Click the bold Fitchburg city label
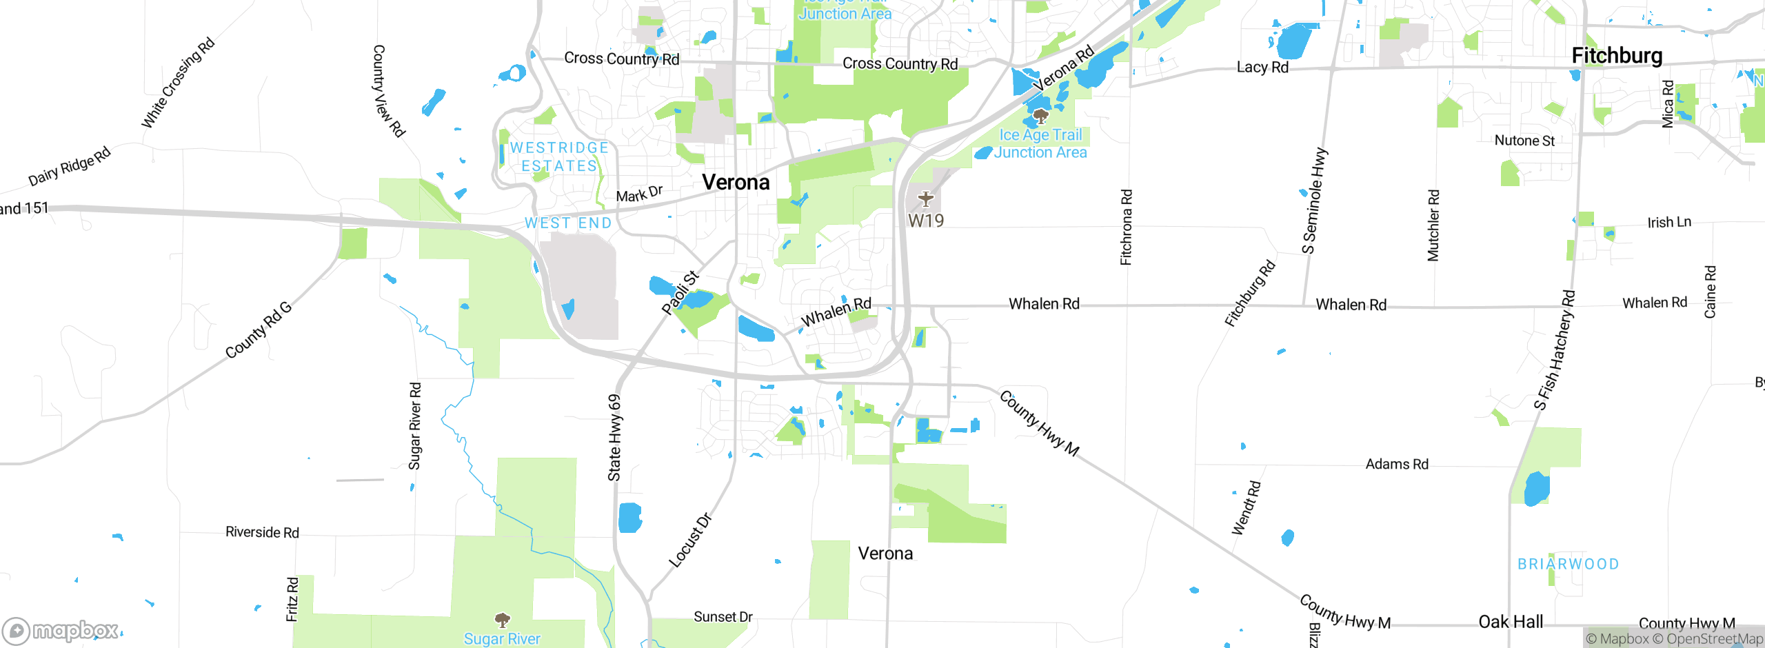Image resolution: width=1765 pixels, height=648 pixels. tap(1617, 56)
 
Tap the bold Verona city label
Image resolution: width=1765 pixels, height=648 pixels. tap(736, 183)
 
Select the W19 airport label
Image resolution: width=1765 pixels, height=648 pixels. tap(925, 221)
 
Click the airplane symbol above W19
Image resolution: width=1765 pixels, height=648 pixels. tap(925, 199)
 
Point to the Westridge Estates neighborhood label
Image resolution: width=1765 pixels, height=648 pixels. tap(559, 157)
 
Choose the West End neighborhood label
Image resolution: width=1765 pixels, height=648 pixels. tap(568, 223)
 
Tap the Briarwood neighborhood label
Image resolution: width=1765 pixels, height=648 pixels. tap(1569, 565)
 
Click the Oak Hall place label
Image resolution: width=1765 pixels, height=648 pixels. tap(1511, 622)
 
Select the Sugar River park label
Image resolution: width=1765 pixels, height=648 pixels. tap(502, 639)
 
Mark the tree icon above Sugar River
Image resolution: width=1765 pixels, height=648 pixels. tap(503, 619)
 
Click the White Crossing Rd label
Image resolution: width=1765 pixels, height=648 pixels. tap(178, 83)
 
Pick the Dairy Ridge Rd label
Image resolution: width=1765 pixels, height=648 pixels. tap(69, 166)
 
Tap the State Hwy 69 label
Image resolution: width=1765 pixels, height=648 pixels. tap(614, 438)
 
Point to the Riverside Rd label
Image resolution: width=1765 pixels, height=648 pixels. tap(262, 533)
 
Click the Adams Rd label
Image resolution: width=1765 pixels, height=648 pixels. tap(1397, 465)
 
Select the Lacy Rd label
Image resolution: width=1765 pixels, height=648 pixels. tap(1262, 68)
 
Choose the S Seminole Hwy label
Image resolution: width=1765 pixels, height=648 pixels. tap(1313, 201)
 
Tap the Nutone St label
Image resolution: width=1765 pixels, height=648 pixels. tap(1524, 141)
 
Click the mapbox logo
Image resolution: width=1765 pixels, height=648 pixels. tap(61, 631)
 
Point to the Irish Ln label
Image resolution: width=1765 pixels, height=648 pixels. tap(1669, 223)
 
